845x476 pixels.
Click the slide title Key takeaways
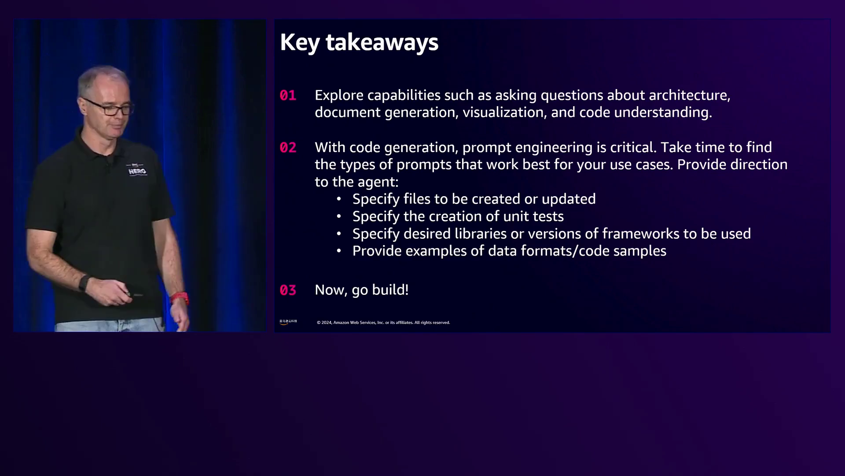pyautogui.click(x=359, y=43)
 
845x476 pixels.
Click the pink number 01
pyautogui.click(x=288, y=95)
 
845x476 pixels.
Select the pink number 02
pyautogui.click(x=288, y=147)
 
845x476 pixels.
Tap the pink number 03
pyautogui.click(x=288, y=290)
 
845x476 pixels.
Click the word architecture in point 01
pyautogui.click(x=689, y=95)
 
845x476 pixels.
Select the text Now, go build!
pyautogui.click(x=362, y=290)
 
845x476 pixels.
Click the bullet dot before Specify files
pyautogui.click(x=339, y=199)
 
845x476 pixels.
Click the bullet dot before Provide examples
pyautogui.click(x=339, y=251)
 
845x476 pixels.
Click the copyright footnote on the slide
pyautogui.click(x=383, y=323)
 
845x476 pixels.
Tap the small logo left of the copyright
pyautogui.click(x=288, y=322)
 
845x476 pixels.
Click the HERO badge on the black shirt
pyautogui.click(x=137, y=170)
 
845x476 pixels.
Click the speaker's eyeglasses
pyautogui.click(x=110, y=107)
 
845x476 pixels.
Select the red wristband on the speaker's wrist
pyautogui.click(x=180, y=299)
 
